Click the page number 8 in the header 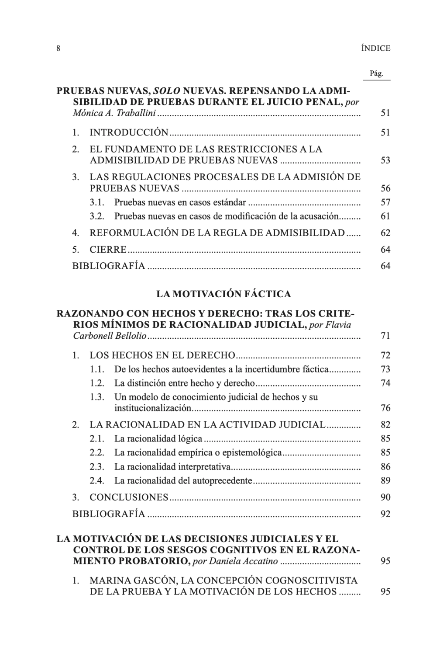[58, 49]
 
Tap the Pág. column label [376, 73]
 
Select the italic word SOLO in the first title [166, 91]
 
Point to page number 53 [385, 160]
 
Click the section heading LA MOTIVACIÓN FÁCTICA [223, 294]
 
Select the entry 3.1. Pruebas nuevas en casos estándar [180, 202]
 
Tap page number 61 [385, 216]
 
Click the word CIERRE [108, 250]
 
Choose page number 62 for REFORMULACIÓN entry [385, 233]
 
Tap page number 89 [385, 481]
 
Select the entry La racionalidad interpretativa [173, 467]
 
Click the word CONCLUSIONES [129, 497]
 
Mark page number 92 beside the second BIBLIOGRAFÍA [385, 514]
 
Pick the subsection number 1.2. [97, 383]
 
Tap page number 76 [385, 408]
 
